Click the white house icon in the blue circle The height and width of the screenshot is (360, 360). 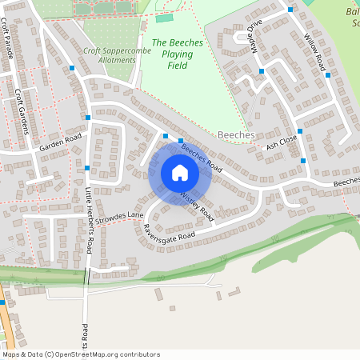[x=180, y=173]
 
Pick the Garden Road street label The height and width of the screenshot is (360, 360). [x=62, y=142]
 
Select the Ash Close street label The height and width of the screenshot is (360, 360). [x=282, y=142]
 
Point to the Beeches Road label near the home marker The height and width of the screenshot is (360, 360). [x=201, y=156]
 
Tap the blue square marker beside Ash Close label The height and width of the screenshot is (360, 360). [x=300, y=131]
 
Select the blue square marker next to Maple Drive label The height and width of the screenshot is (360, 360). [x=262, y=72]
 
